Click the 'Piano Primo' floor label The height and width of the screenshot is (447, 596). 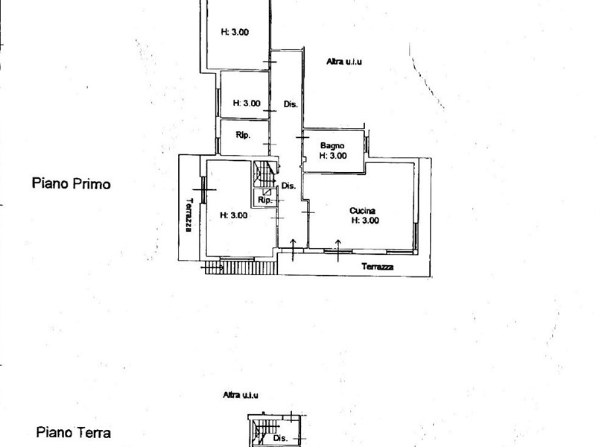click(x=72, y=183)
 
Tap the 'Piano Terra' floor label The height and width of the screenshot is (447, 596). click(x=73, y=433)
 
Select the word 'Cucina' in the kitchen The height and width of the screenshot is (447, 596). click(x=362, y=211)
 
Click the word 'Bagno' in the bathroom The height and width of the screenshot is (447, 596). click(x=332, y=145)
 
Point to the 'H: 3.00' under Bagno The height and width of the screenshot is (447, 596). click(x=333, y=156)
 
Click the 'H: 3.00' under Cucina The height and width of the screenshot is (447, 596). click(x=365, y=221)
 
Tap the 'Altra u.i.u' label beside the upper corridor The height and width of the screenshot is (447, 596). click(x=344, y=61)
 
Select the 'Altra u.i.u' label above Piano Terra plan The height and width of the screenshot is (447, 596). click(x=241, y=395)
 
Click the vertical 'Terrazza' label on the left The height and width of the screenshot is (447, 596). click(x=189, y=215)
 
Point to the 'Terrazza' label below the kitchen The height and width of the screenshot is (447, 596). click(x=378, y=267)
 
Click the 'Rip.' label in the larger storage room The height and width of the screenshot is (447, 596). click(x=243, y=135)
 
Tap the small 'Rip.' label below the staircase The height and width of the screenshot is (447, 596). click(x=265, y=200)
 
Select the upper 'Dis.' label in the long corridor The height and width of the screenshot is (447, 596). click(x=291, y=104)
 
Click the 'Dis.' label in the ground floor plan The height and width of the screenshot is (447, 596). click(x=281, y=438)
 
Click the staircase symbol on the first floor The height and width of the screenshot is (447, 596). click(x=265, y=174)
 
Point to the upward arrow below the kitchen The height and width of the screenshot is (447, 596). click(x=338, y=250)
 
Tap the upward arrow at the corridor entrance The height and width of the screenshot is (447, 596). click(x=293, y=250)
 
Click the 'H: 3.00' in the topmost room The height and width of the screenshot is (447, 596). click(x=235, y=32)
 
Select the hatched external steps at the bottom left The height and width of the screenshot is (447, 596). click(x=240, y=267)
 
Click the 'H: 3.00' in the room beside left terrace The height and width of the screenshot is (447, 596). click(x=234, y=215)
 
